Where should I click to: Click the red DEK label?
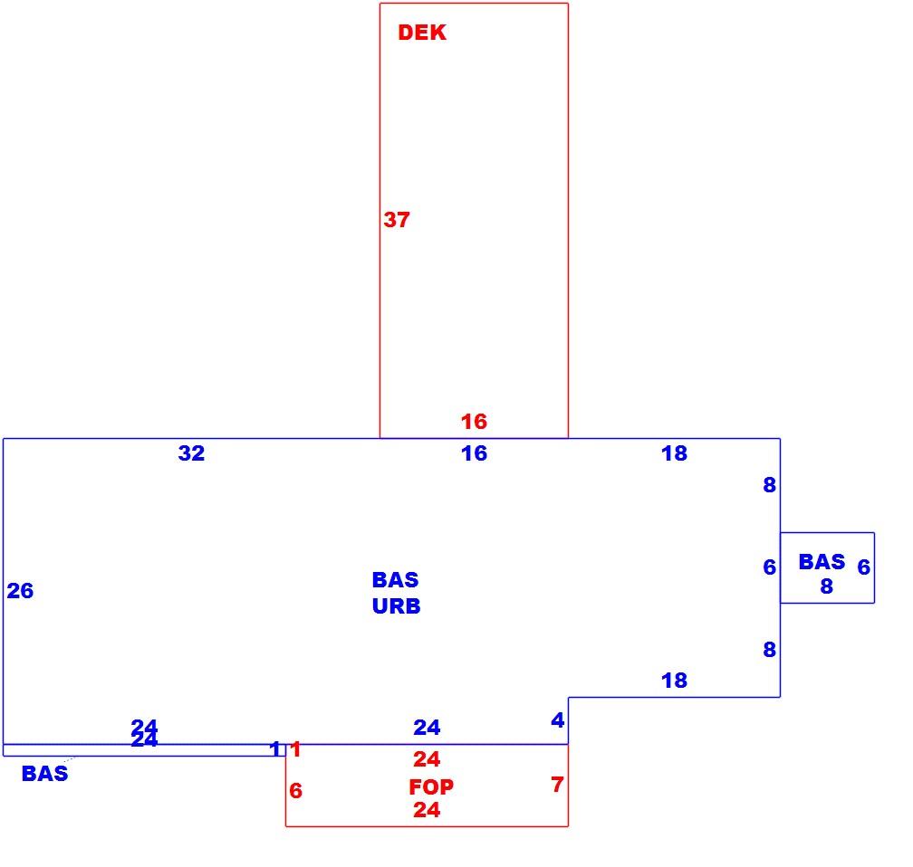[x=422, y=33]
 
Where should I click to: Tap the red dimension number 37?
[x=397, y=220]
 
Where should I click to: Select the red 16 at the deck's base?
[x=474, y=421]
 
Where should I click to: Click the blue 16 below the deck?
[x=474, y=453]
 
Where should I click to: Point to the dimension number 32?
[x=192, y=453]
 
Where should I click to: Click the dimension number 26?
[x=20, y=591]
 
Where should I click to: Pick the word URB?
[x=396, y=606]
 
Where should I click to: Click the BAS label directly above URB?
[x=395, y=580]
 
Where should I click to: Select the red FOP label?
[x=431, y=787]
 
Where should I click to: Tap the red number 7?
[x=557, y=785]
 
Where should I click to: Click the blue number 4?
[x=557, y=720]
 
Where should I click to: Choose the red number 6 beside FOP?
[x=296, y=791]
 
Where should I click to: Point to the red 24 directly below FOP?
[x=427, y=810]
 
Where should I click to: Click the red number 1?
[x=296, y=748]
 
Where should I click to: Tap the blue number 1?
[x=275, y=748]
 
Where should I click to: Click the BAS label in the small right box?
[x=822, y=562]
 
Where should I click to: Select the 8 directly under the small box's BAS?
[x=827, y=586]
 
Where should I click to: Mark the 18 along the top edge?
[x=674, y=453]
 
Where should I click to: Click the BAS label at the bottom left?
[x=45, y=774]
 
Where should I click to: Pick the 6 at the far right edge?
[x=864, y=567]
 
